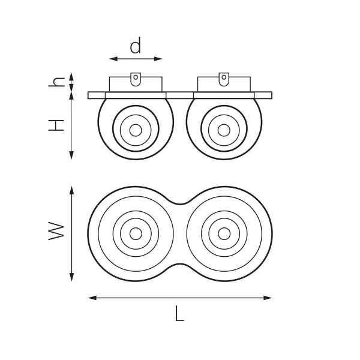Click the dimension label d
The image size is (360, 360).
pyautogui.click(x=136, y=46)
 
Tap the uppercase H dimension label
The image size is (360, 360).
pyautogui.click(x=56, y=125)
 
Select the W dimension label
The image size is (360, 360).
pyautogui.click(x=56, y=231)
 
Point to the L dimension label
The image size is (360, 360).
pyautogui.click(x=179, y=313)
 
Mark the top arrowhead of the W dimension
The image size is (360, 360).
pyautogui.click(x=71, y=189)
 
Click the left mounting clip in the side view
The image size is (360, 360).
pyautogui.click(x=136, y=79)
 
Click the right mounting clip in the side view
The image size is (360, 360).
pyautogui.click(x=224, y=79)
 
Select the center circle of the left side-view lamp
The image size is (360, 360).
pyautogui.click(x=136, y=130)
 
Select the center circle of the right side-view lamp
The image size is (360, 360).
pyautogui.click(x=224, y=130)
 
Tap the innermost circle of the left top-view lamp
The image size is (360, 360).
pyautogui.click(x=136, y=233)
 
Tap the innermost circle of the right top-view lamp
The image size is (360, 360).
pyautogui.click(x=224, y=233)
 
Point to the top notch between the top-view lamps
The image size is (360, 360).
pyautogui.click(x=180, y=203)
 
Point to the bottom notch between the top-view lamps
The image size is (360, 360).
pyautogui.click(x=180, y=264)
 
